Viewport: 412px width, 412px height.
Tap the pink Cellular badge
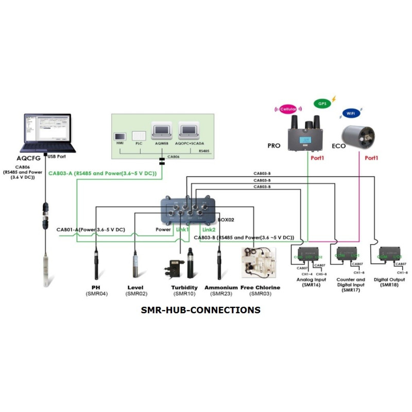[x=290, y=109]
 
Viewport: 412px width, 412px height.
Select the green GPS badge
[x=322, y=103]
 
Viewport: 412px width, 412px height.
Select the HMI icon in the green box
[x=120, y=138]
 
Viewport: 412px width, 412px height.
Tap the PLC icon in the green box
[x=138, y=138]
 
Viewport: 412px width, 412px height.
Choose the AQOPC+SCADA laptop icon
[x=189, y=133]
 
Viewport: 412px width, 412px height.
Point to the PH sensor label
[x=96, y=287]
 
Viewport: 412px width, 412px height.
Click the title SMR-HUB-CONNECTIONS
[x=200, y=310]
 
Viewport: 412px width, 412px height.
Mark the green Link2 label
[x=209, y=229]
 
